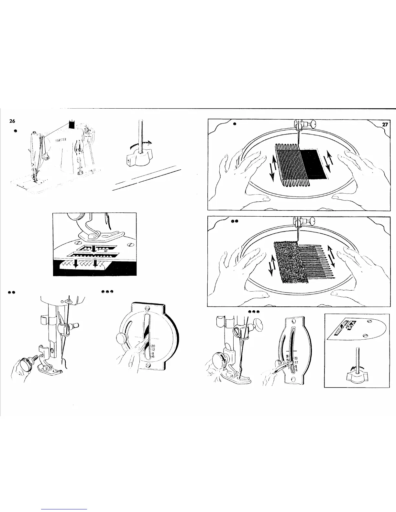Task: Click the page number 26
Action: pyautogui.click(x=12, y=122)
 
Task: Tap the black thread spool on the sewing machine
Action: pyautogui.click(x=71, y=123)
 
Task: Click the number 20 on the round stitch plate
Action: pyautogui.click(x=153, y=346)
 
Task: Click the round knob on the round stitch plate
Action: pyautogui.click(x=122, y=339)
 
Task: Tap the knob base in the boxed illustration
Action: pyautogui.click(x=357, y=376)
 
